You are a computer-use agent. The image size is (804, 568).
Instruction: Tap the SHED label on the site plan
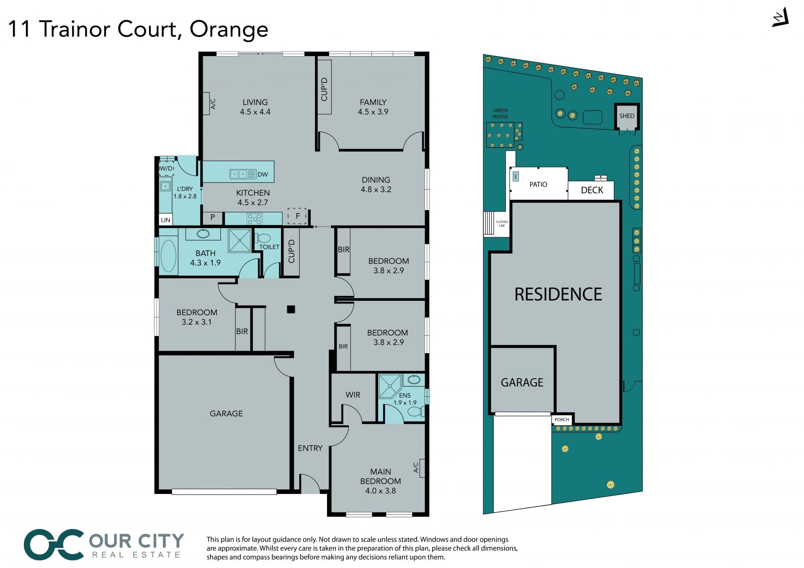[x=626, y=116]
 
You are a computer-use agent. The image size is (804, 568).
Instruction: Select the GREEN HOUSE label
[x=500, y=113]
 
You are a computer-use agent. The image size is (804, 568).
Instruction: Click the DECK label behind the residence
[x=592, y=190]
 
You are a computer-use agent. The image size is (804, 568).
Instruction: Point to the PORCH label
[x=562, y=419]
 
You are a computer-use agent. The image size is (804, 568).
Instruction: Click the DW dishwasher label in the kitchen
[x=263, y=175]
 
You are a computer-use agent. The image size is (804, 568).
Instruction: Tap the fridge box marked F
[x=297, y=216]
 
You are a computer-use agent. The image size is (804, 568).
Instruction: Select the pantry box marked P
[x=213, y=217]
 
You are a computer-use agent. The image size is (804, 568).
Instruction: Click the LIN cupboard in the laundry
[x=165, y=220]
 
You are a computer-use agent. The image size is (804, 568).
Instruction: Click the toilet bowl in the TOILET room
[x=263, y=238]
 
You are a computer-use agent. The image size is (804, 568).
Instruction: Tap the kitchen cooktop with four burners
[x=254, y=218]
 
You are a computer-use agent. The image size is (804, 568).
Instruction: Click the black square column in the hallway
[x=291, y=309]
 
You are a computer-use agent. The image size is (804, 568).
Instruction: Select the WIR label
[x=353, y=395]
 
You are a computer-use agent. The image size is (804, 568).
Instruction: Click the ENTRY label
[x=310, y=448]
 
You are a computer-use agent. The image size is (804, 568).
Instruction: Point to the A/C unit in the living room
[x=207, y=103]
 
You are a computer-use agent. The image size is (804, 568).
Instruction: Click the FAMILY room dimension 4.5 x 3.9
[x=373, y=112]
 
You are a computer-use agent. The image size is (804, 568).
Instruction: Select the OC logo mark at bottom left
[x=54, y=544]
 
